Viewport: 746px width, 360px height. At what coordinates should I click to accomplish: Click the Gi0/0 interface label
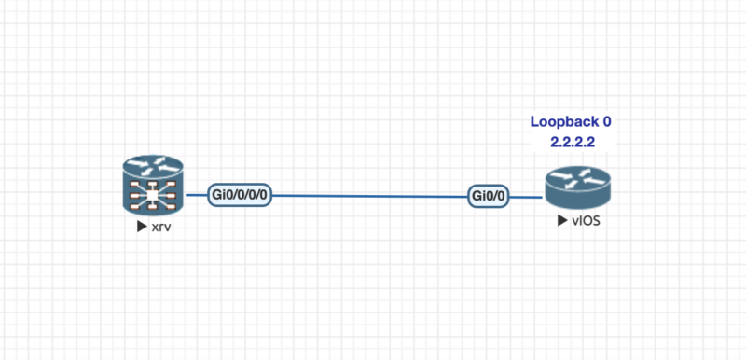coord(490,197)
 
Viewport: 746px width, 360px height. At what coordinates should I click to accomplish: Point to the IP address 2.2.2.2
coord(573,141)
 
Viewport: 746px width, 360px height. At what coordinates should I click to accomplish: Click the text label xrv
coord(161,227)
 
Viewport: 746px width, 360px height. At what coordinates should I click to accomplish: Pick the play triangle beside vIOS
coord(560,221)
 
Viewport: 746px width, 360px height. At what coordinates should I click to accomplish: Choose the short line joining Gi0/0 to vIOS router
coord(528,197)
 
